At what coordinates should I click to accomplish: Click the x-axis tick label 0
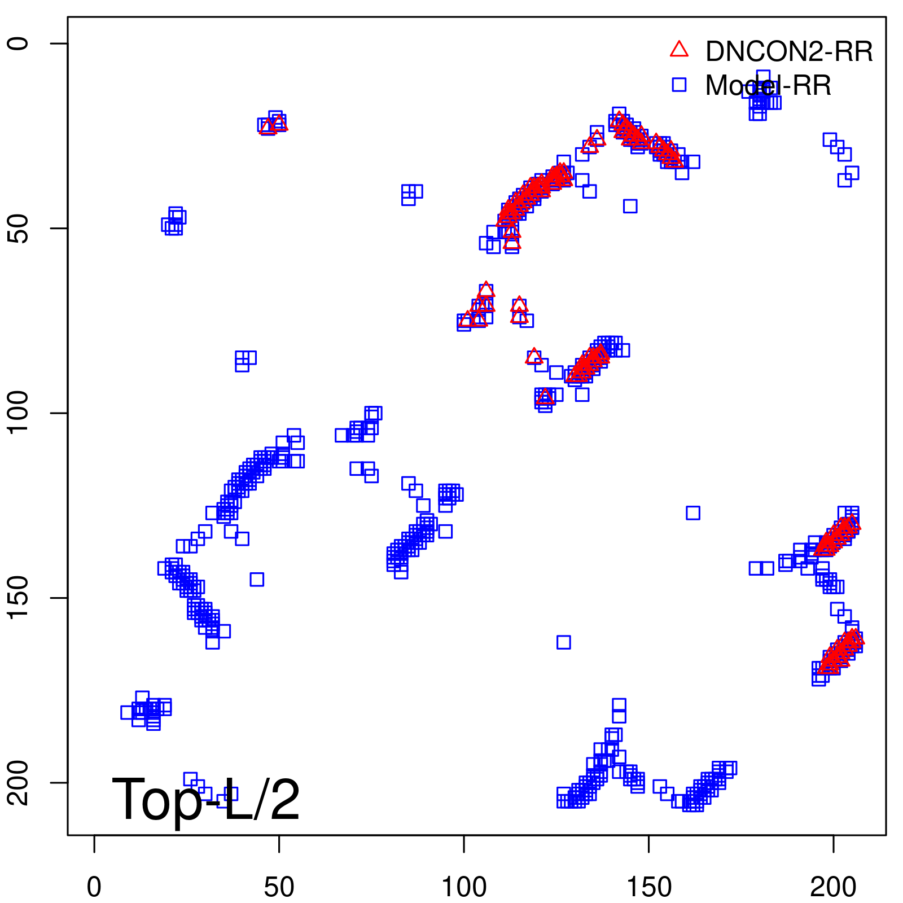click(94, 887)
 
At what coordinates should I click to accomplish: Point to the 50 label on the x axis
click(279, 887)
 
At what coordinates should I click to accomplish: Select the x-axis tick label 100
click(464, 887)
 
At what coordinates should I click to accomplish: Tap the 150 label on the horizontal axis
click(648, 887)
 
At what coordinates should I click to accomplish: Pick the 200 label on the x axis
click(833, 887)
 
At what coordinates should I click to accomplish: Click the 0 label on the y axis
click(18, 43)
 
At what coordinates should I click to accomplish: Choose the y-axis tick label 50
click(18, 228)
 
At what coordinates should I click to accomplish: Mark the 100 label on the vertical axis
click(18, 413)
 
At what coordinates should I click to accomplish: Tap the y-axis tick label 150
click(18, 598)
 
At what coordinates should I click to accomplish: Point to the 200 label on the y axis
click(18, 782)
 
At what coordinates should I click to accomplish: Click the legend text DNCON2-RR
click(789, 52)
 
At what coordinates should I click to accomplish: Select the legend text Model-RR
click(768, 86)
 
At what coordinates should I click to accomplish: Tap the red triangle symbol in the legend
click(679, 50)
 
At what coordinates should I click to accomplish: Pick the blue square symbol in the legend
click(679, 85)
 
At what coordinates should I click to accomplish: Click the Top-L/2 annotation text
click(206, 799)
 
